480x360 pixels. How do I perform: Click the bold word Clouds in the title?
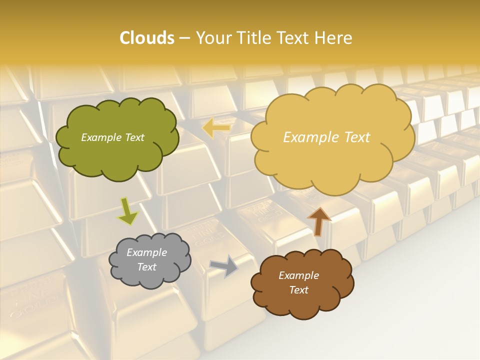point(146,38)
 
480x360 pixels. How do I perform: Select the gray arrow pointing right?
point(224,266)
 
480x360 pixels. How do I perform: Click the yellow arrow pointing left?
point(216,128)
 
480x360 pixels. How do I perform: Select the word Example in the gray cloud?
point(146,252)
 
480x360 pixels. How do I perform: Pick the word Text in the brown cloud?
point(298,290)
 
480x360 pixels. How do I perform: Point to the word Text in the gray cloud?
point(146,267)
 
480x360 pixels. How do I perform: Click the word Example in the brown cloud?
point(298,275)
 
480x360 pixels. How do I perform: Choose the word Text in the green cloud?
point(134,137)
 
